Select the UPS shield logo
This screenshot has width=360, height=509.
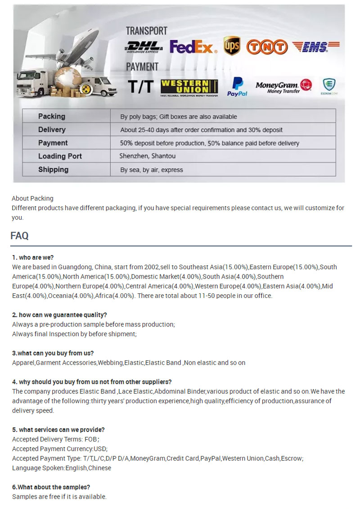coord(231,46)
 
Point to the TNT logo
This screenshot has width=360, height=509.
coord(267,47)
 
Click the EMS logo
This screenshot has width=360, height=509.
coord(316,46)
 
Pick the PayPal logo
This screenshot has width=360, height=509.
coord(237,86)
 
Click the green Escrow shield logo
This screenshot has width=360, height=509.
coord(329,86)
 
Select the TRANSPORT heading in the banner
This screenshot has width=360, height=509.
coord(146,31)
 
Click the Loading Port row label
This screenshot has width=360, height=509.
coord(60,156)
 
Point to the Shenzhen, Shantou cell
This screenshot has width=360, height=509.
coord(148,156)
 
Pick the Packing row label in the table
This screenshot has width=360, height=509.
coord(52,116)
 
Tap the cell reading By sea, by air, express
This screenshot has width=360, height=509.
coord(152,170)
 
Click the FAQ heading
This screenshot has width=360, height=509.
coord(19,236)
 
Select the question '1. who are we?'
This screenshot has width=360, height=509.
coord(33,257)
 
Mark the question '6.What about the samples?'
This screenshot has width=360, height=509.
coord(51,487)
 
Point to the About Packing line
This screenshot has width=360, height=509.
coord(32,198)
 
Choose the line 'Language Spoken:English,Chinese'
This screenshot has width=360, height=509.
coord(62,468)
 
